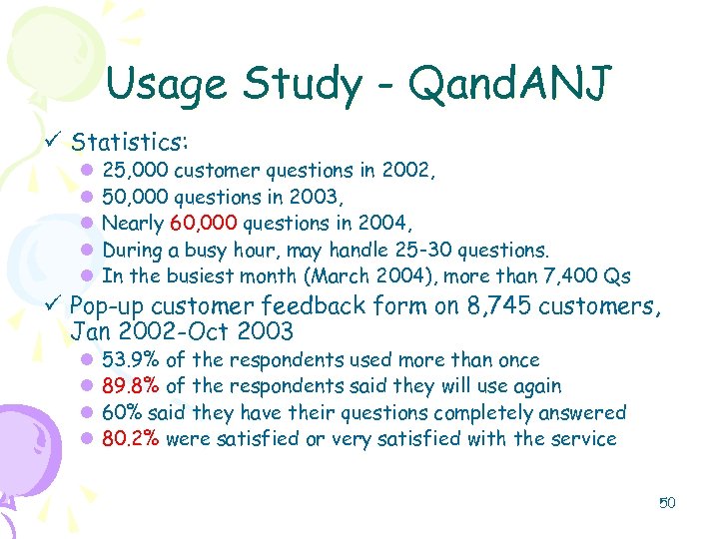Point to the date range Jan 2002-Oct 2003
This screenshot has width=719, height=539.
[183, 331]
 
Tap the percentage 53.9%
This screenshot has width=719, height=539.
[132, 360]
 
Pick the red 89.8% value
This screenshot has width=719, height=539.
[132, 386]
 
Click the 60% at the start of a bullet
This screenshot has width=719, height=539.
[123, 412]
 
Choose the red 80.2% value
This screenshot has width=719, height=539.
[132, 438]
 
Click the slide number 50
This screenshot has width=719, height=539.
[667, 502]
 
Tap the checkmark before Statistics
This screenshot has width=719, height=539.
[55, 142]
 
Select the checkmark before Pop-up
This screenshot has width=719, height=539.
[55, 305]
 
